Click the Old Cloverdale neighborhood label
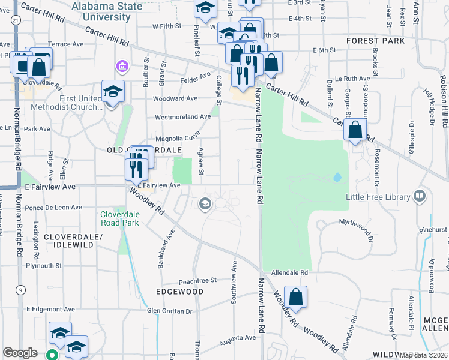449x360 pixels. pos(144,149)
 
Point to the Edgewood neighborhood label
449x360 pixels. pos(179,291)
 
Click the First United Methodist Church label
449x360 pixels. pos(82,103)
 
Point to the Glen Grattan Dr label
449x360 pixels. pos(170,311)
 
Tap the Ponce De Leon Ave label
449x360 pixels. pos(53,208)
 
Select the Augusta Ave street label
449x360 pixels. pos(238,338)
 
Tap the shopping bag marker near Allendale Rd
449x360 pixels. pos(295,297)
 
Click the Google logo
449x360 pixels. pos(20,353)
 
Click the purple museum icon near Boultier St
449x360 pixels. pos(122,65)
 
